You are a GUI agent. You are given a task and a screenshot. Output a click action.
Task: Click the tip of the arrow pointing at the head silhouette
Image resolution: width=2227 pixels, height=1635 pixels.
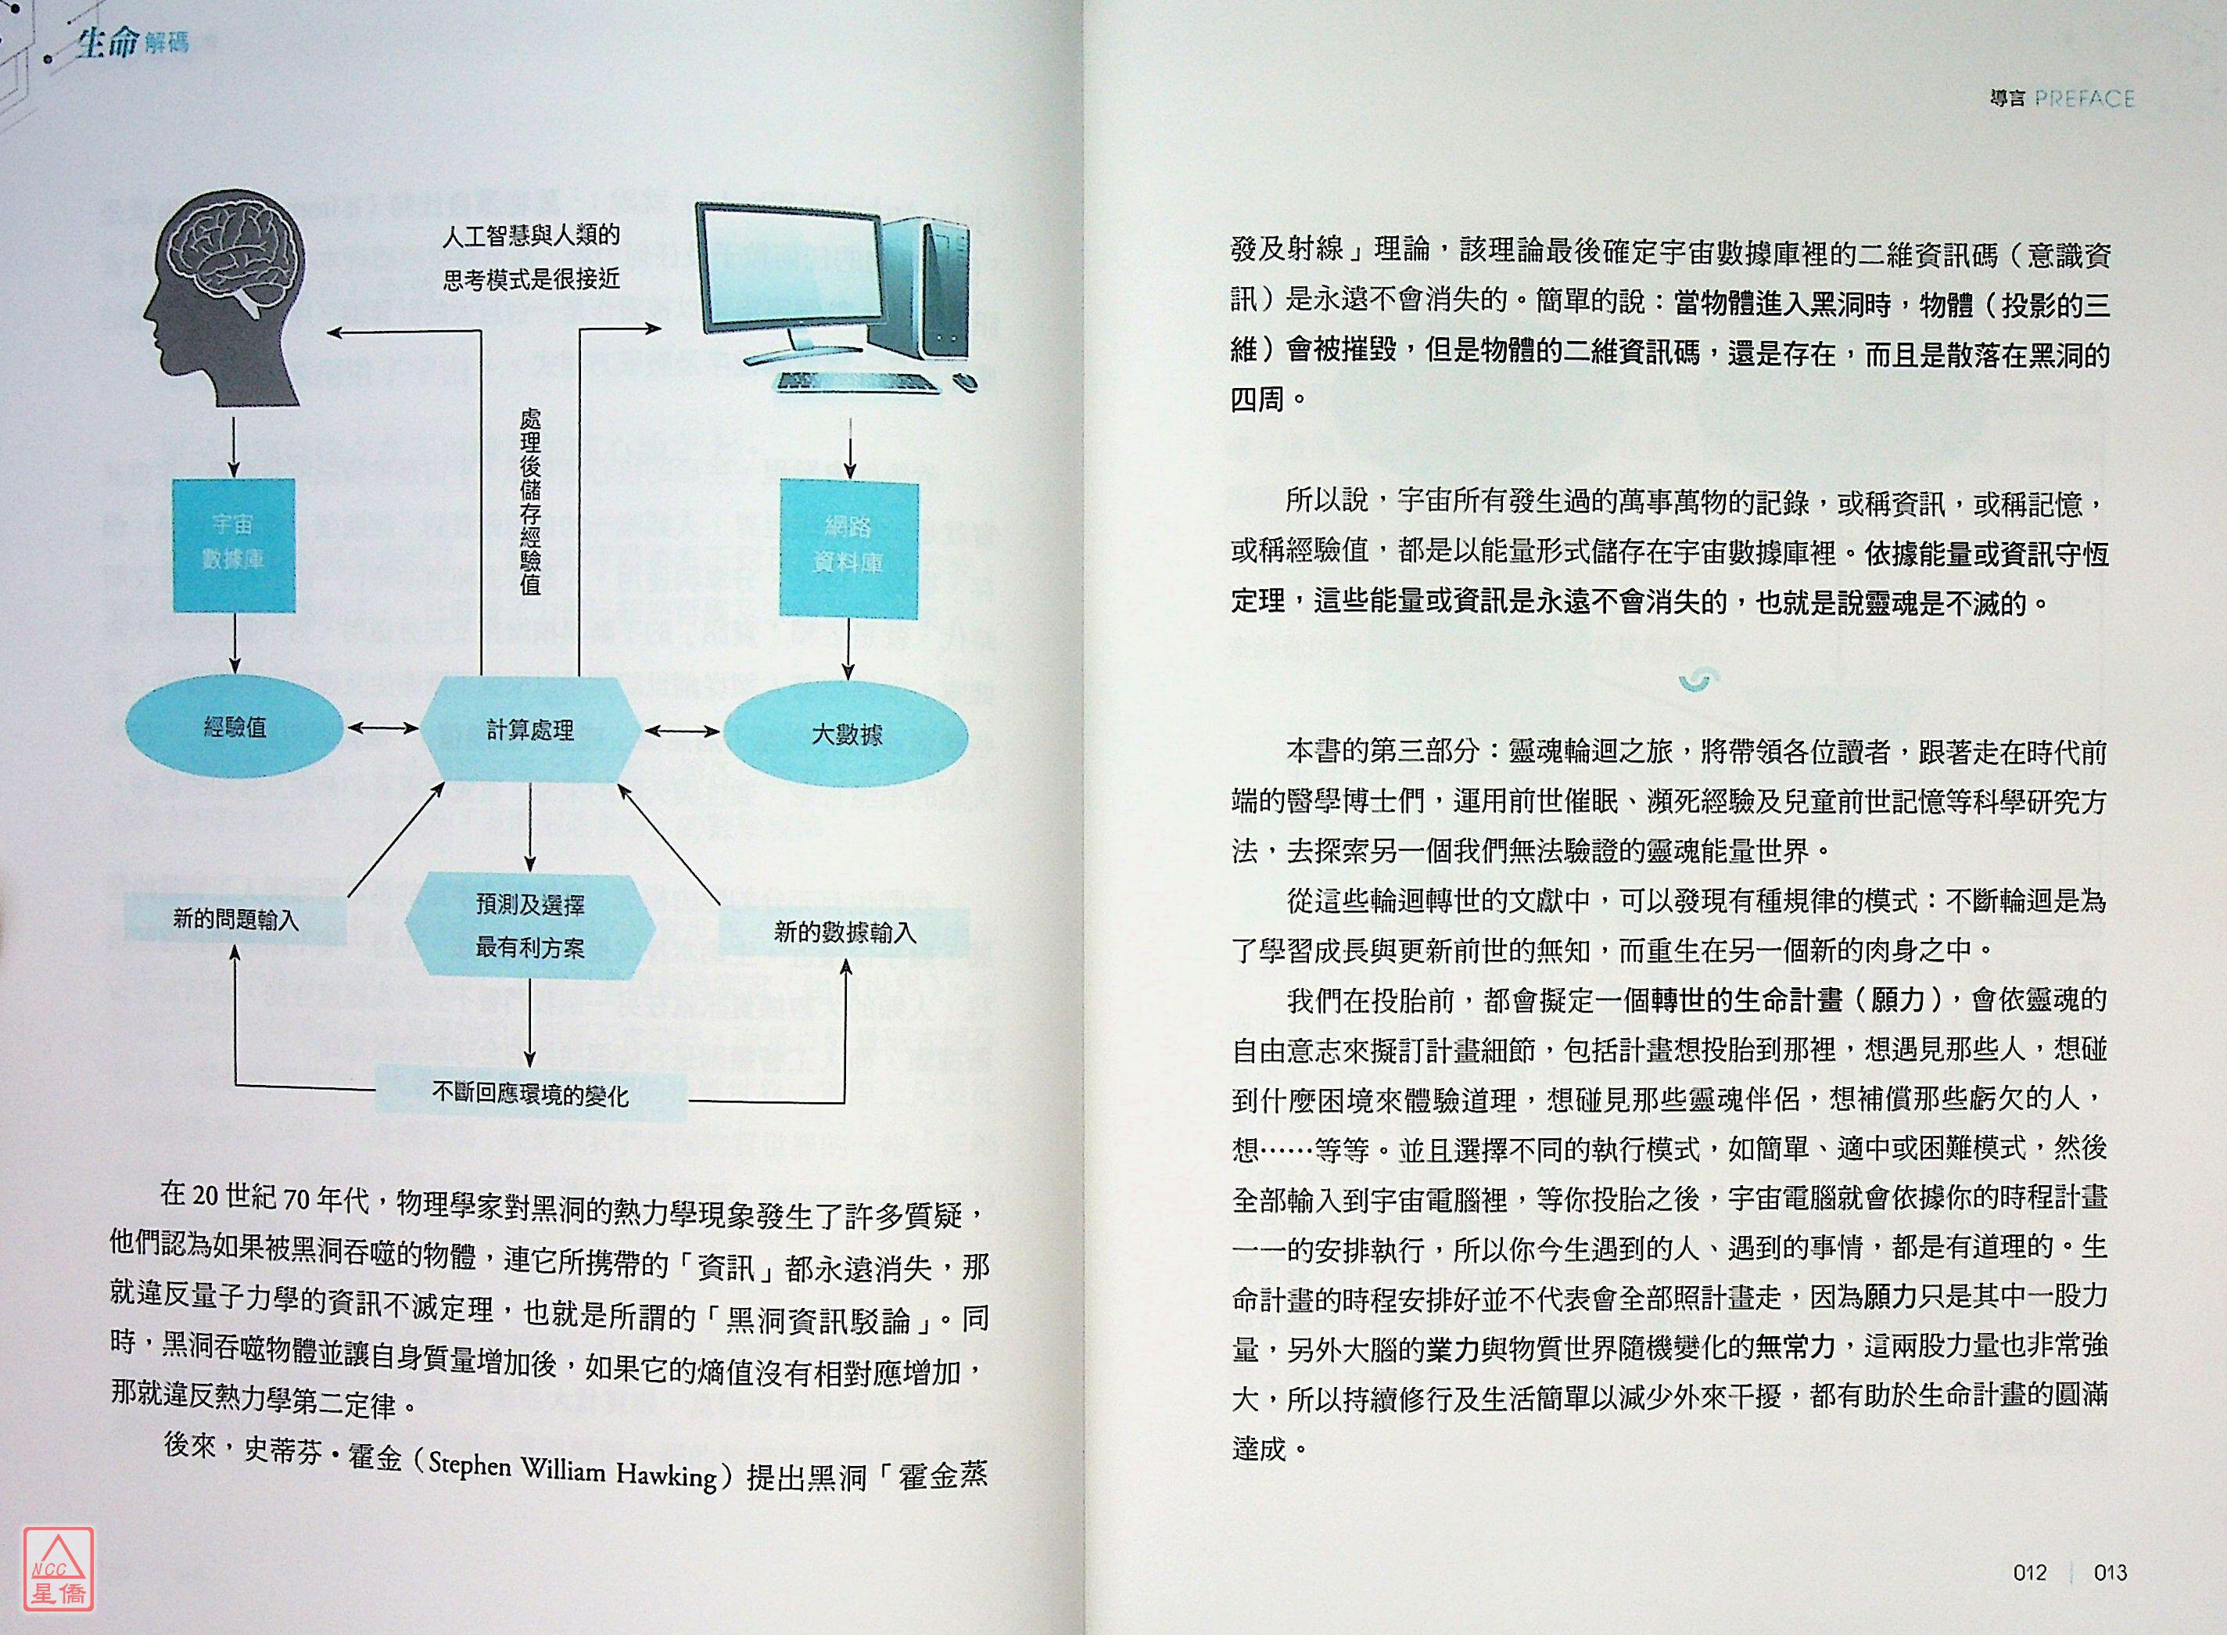(329, 333)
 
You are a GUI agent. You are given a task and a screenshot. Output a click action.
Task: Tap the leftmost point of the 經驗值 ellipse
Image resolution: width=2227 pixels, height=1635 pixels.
(124, 728)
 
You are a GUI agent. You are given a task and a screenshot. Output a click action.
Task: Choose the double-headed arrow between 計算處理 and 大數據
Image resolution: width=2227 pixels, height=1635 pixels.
(683, 731)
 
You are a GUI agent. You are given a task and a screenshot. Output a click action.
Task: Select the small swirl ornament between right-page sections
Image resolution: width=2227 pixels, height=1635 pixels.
(1698, 679)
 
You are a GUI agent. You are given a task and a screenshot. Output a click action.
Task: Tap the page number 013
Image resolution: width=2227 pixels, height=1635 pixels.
(2110, 1572)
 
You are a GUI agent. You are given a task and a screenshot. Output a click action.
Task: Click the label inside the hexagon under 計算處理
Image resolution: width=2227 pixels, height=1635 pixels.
(530, 926)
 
